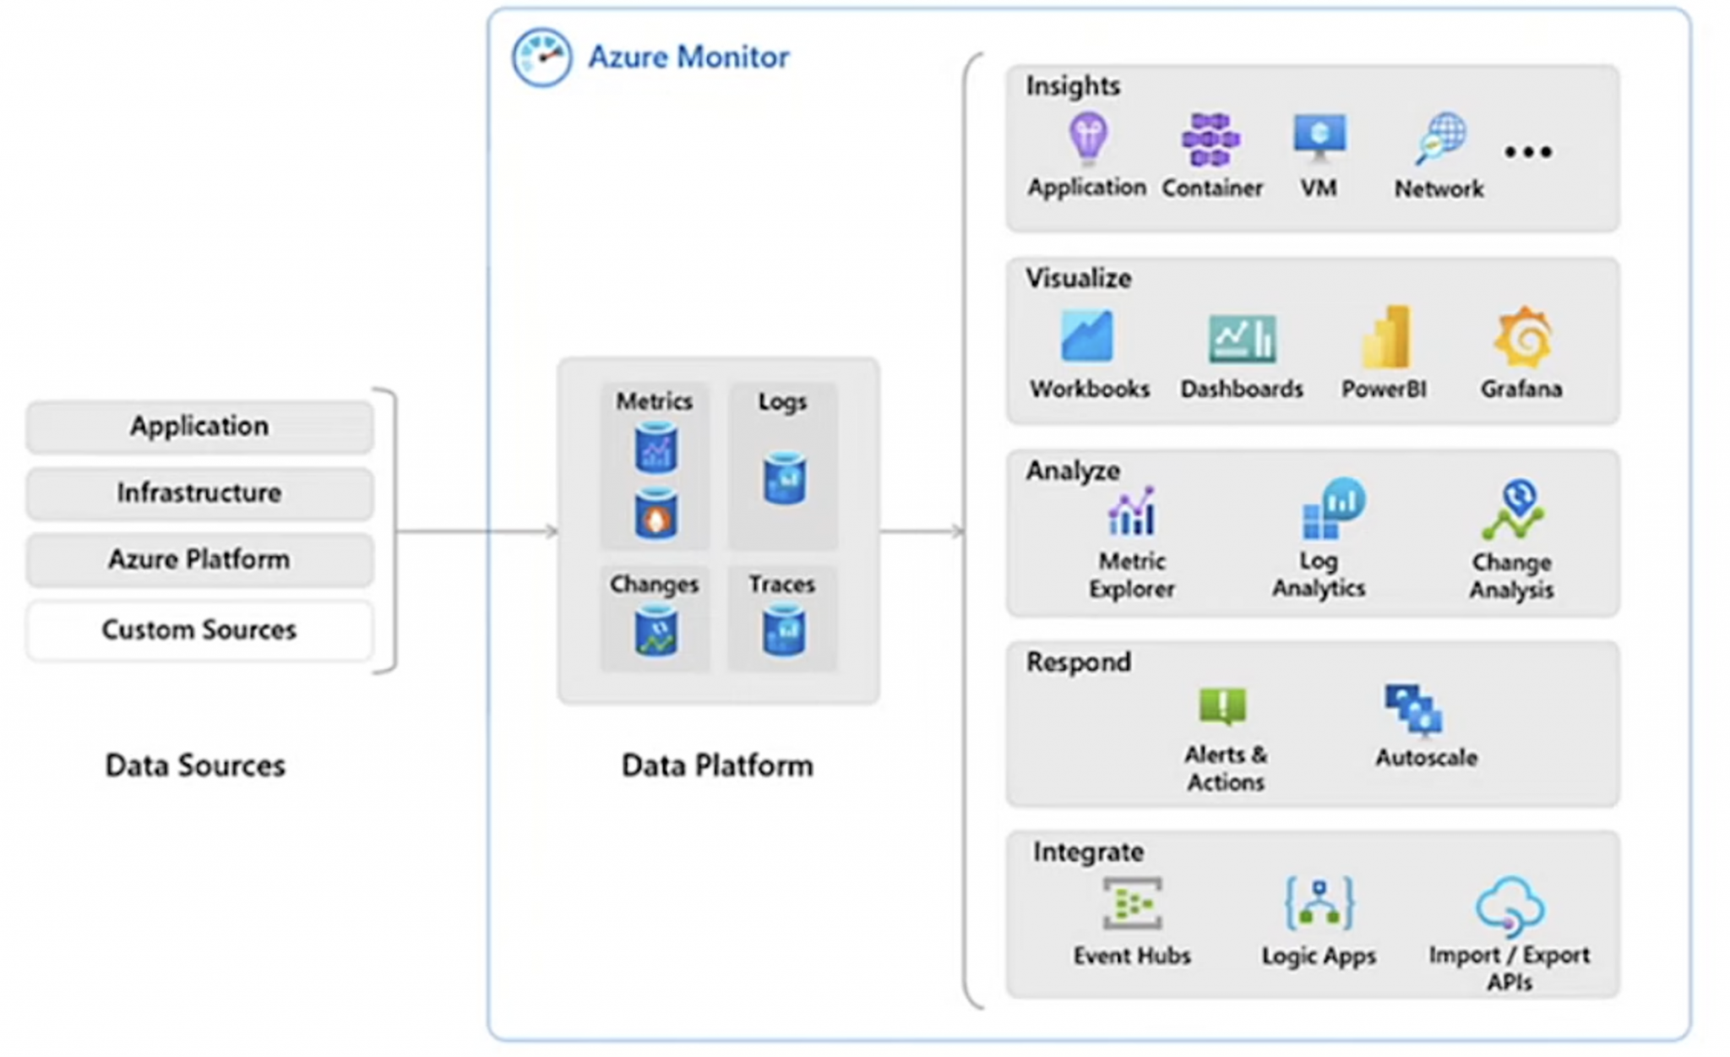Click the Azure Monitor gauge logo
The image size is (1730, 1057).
[541, 57]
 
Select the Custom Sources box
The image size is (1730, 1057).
[199, 630]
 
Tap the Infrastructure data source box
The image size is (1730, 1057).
[199, 493]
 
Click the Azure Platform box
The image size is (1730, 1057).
[199, 560]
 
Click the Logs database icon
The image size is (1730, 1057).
[784, 479]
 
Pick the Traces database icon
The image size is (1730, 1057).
[783, 630]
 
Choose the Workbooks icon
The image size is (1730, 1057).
[1087, 336]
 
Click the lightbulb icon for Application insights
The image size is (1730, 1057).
[1087, 137]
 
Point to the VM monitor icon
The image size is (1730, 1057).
[1319, 137]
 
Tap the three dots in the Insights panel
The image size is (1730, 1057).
[1527, 153]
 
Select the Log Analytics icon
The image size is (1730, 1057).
[1331, 509]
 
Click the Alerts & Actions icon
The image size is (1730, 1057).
[1222, 706]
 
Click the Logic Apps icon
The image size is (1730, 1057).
[1319, 903]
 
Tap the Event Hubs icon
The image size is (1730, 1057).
[1132, 903]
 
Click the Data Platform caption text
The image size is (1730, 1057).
[717, 766]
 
